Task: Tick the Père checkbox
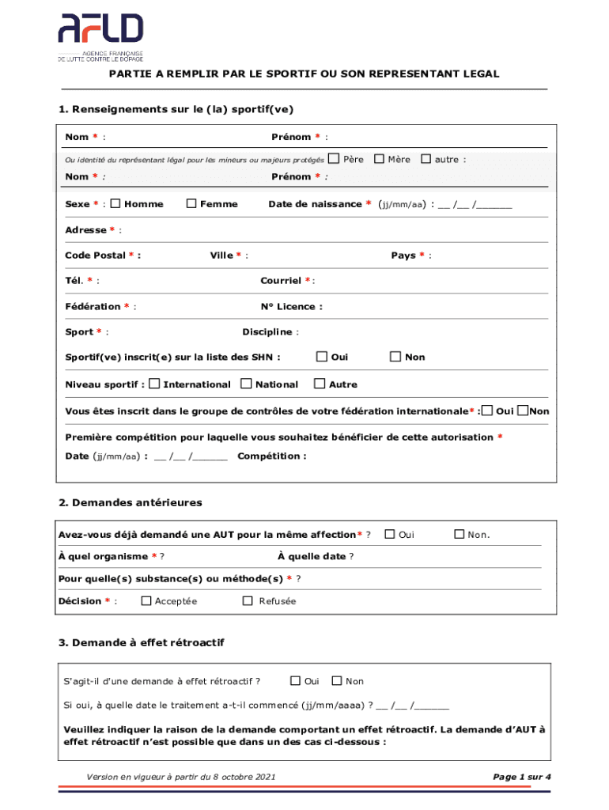click(x=333, y=159)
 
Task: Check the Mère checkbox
click(x=379, y=159)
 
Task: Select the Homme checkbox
click(x=115, y=203)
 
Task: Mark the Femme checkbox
click(x=191, y=203)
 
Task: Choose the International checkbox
click(x=155, y=384)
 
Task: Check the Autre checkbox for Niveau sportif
click(x=320, y=384)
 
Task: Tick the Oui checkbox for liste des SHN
click(x=321, y=357)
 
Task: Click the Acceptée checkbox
click(x=146, y=600)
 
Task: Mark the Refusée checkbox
click(x=248, y=600)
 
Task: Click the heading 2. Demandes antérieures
click(x=130, y=503)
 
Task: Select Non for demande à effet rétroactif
click(x=337, y=680)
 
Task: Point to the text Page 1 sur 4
click(x=521, y=777)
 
